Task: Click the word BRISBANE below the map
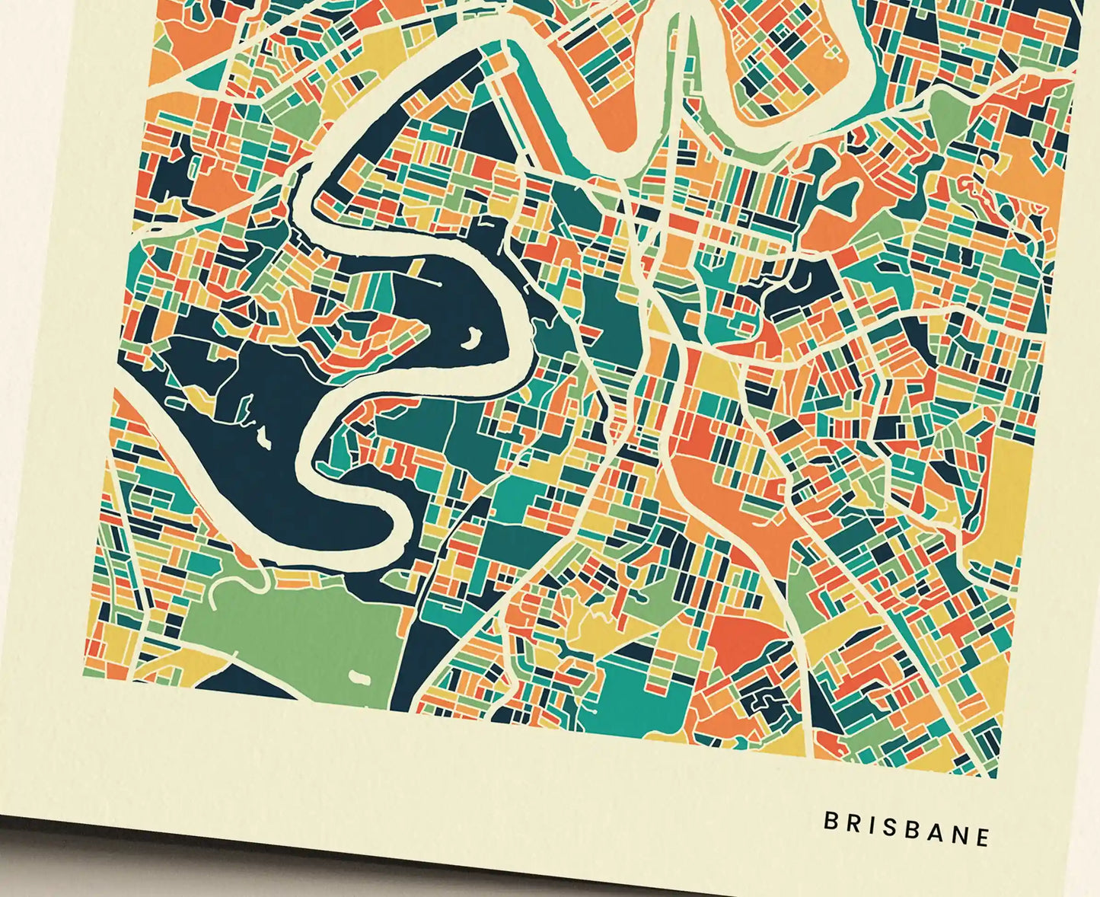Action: (x=907, y=828)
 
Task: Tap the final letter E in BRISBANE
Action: (x=983, y=837)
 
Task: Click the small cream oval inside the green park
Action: (x=359, y=675)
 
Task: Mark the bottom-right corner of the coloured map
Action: (x=995, y=776)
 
